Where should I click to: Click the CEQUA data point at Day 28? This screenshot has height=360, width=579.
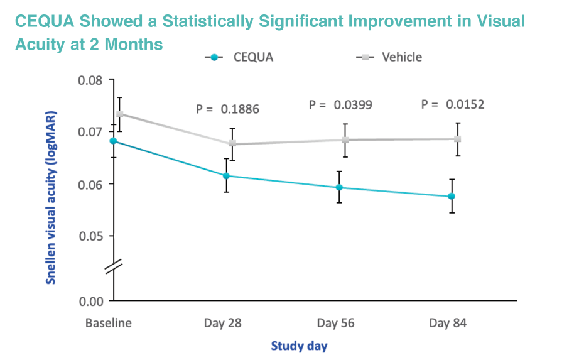pyautogui.click(x=226, y=176)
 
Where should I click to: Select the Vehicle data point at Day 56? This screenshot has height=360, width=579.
pyautogui.click(x=345, y=139)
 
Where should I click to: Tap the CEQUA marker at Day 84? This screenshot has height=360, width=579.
pyautogui.click(x=452, y=197)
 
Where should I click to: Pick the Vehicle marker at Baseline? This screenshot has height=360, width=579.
pyautogui.click(x=119, y=114)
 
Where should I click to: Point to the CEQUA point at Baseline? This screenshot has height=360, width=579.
pyautogui.click(x=113, y=141)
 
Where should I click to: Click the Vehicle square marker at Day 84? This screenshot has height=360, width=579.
pyautogui.click(x=458, y=139)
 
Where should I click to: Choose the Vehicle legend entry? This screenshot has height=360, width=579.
pyautogui.click(x=389, y=57)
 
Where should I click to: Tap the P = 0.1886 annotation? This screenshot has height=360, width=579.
pyautogui.click(x=227, y=109)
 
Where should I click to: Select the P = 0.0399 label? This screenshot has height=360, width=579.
pyautogui.click(x=340, y=105)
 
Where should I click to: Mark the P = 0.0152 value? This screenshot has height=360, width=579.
pyautogui.click(x=453, y=104)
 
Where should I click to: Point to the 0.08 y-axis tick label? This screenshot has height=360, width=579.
pyautogui.click(x=89, y=80)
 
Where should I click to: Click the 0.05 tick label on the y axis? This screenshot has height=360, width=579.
pyautogui.click(x=89, y=236)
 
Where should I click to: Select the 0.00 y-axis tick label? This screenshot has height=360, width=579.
pyautogui.click(x=89, y=301)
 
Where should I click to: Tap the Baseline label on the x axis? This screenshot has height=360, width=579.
pyautogui.click(x=109, y=324)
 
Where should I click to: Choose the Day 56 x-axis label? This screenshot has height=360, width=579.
pyautogui.click(x=335, y=324)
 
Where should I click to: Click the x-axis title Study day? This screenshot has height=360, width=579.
pyautogui.click(x=299, y=345)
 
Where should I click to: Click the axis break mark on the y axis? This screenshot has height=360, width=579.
pyautogui.click(x=114, y=266)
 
